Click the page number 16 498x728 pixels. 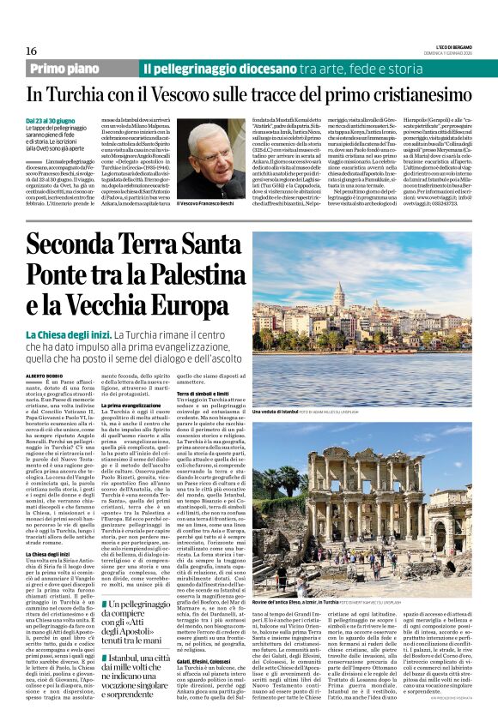(31, 51)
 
